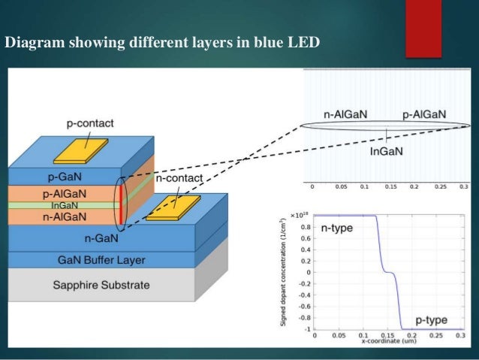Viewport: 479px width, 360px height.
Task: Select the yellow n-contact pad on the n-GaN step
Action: [x=173, y=208]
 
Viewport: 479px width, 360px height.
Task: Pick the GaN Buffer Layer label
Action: [x=101, y=260]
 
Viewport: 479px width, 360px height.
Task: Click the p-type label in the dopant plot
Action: [x=431, y=319]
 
